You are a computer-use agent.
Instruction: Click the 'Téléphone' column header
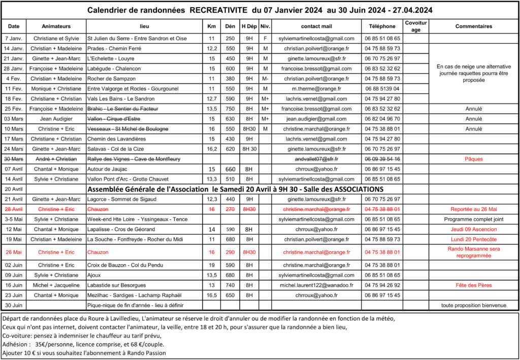pos(382,26)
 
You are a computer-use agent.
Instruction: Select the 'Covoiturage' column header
pos(416,26)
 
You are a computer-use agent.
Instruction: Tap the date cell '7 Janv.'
pos(14,38)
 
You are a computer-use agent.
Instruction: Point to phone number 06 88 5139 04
pos(382,89)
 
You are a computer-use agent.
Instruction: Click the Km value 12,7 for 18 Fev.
pos(212,99)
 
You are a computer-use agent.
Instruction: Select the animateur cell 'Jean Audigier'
pos(56,119)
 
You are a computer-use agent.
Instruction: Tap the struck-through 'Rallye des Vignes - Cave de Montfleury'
pos(134,159)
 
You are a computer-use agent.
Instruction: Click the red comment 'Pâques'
pos(474,159)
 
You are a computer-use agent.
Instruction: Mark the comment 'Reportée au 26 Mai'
pos(474,209)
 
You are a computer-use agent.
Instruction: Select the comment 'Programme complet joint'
pos(474,219)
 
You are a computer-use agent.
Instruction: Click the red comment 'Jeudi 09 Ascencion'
pos(474,230)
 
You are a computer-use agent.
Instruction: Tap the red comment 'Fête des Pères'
pos(474,285)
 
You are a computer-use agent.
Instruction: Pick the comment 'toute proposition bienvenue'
pos(474,305)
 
